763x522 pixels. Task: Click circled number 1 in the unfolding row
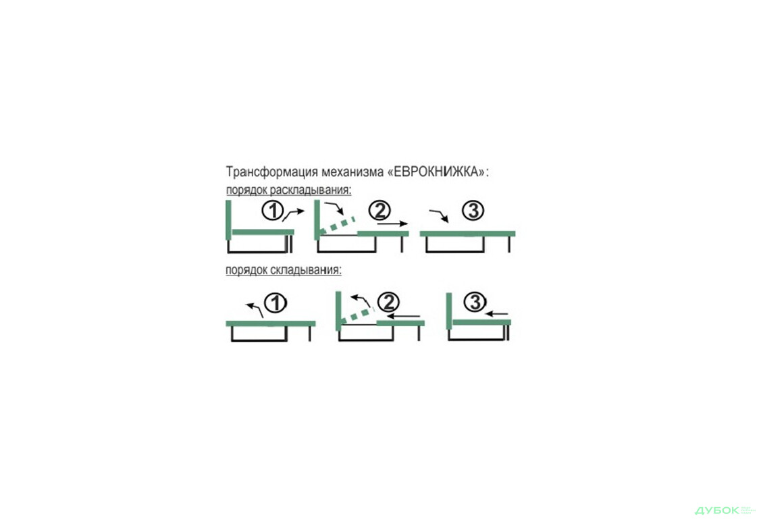coord(273,211)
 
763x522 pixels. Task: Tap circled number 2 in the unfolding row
coord(379,210)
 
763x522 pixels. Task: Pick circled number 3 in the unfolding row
coord(473,210)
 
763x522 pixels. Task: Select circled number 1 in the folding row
coord(276,303)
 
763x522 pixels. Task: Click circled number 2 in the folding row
coord(388,302)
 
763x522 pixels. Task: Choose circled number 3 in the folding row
coord(475,302)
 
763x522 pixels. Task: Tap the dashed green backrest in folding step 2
coord(357,315)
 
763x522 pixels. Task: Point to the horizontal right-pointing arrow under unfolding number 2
coord(392,224)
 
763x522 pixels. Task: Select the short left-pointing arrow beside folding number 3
coord(497,314)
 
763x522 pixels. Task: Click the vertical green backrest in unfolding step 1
coord(229,219)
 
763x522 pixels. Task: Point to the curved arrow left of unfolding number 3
coord(439,215)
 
